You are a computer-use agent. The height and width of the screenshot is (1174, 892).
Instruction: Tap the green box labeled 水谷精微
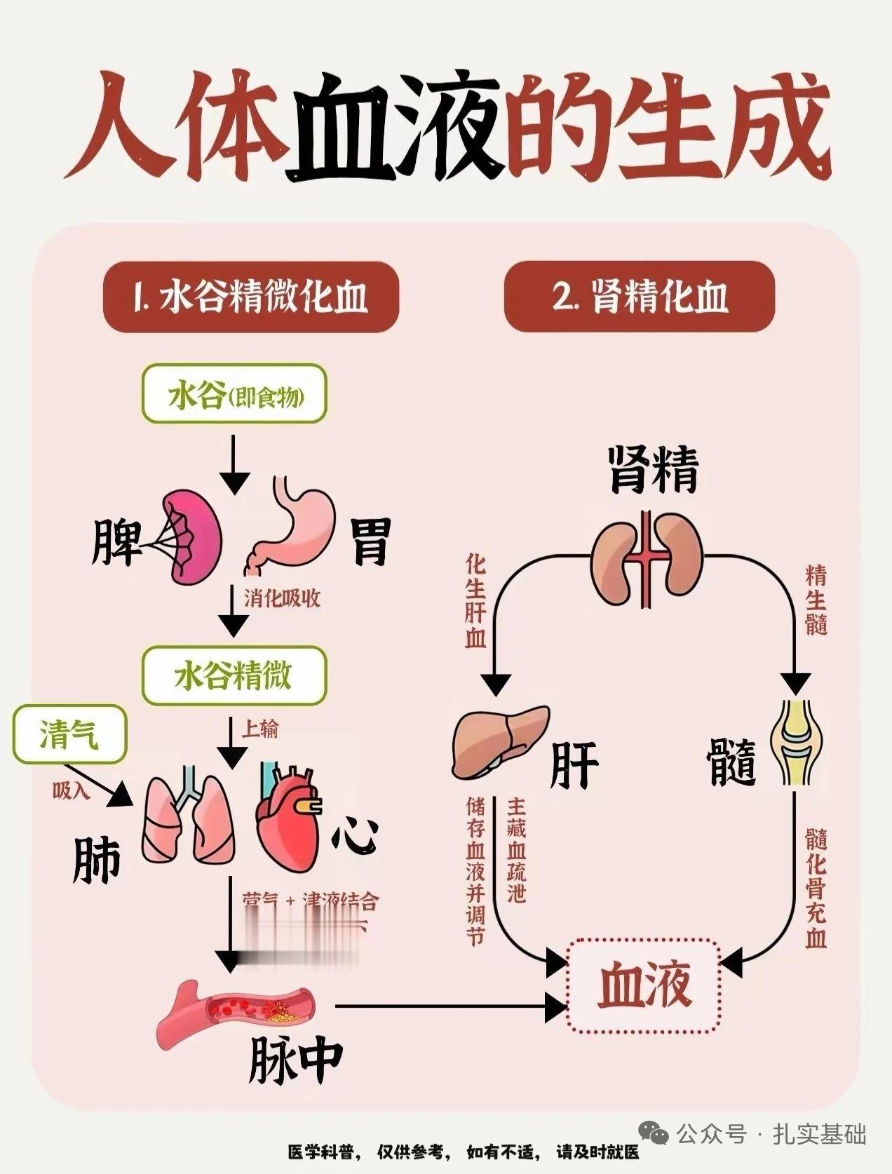235,676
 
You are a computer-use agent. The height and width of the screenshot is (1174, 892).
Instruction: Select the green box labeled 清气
69,735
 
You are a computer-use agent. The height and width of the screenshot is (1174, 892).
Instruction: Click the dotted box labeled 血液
644,985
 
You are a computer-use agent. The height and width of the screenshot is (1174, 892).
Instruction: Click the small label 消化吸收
283,598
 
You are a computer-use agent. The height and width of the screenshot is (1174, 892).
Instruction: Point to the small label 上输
259,729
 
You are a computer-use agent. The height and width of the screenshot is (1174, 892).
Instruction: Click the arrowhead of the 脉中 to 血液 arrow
557,1008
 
